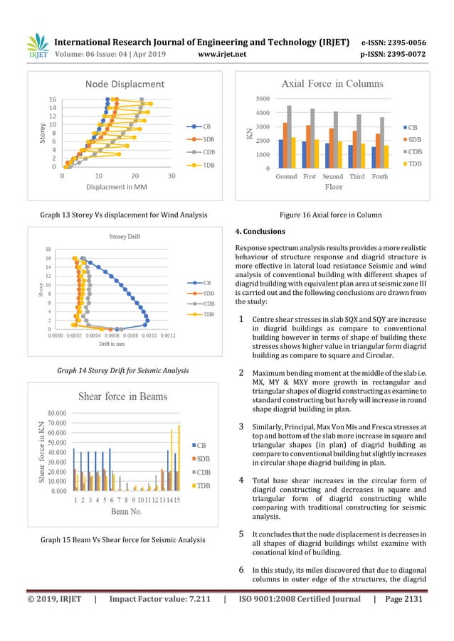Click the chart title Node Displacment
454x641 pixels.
click(125, 85)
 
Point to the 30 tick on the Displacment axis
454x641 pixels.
click(171, 175)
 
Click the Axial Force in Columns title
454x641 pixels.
click(332, 84)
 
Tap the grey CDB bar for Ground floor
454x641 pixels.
click(289, 137)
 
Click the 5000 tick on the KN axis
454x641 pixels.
click(262, 99)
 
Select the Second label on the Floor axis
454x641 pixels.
click(332, 176)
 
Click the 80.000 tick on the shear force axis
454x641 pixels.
click(58, 412)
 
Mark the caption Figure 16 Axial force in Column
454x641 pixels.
click(332, 215)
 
